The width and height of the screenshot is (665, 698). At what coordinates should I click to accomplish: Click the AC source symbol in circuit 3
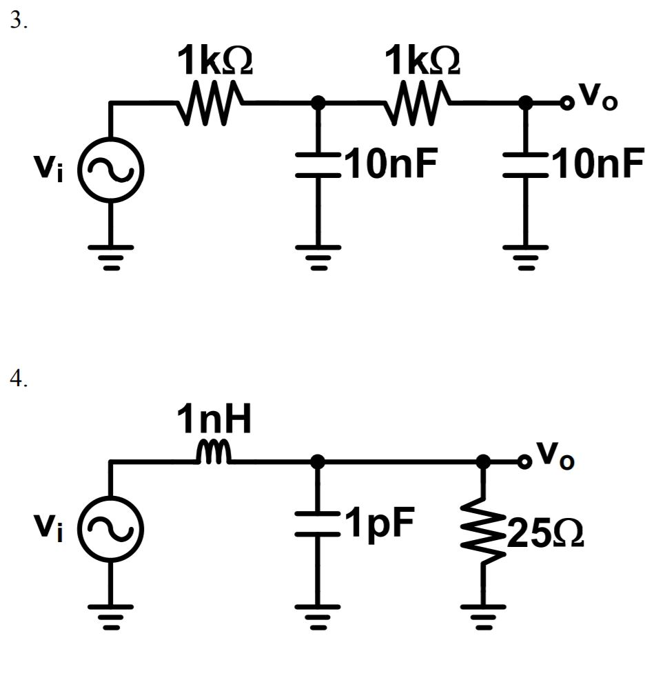tap(110, 170)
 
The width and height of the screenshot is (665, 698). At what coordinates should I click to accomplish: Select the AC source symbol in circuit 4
tap(110, 528)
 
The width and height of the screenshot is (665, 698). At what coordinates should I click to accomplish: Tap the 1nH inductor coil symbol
tap(215, 453)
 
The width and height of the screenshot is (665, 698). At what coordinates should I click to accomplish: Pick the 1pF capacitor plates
tap(318, 526)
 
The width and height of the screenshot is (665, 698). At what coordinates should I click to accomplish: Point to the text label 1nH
tap(214, 421)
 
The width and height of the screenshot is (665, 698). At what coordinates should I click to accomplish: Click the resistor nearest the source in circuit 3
tap(209, 103)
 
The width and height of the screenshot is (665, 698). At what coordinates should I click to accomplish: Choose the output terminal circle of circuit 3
tap(566, 103)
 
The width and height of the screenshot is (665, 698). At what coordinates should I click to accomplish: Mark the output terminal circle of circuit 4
tap(525, 461)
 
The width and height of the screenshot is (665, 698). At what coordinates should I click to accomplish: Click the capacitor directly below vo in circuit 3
tap(525, 168)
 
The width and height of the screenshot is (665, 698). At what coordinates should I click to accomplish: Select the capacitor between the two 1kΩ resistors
tap(318, 168)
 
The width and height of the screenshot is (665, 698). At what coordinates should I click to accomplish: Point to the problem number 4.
tap(17, 380)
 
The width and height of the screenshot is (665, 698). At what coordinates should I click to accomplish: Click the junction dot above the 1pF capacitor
tap(318, 461)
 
